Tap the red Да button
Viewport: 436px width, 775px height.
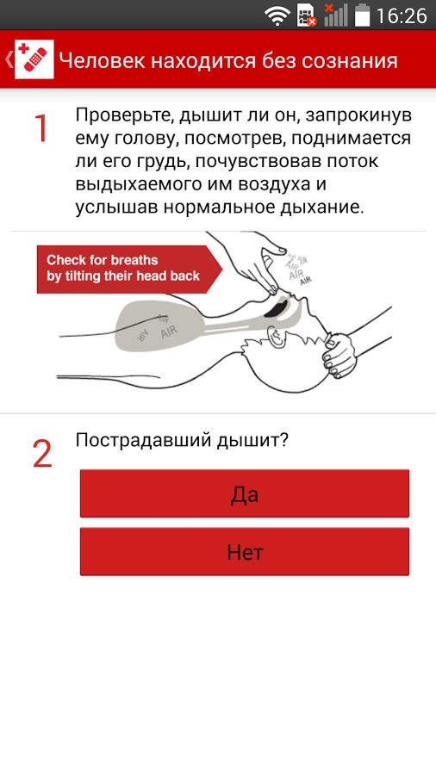245,493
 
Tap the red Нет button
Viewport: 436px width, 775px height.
245,552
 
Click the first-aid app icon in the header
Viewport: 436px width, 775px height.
34,59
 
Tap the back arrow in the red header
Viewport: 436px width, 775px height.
9,59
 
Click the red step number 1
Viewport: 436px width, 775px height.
41,128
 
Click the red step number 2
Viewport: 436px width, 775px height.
42,454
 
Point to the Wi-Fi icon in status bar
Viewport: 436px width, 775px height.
277,15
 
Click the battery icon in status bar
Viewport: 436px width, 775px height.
363,15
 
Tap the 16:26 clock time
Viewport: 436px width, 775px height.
402,15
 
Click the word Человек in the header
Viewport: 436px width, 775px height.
102,60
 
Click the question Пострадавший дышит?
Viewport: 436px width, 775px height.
182,439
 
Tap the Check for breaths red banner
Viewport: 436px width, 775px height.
129,269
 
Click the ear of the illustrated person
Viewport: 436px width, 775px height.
276,337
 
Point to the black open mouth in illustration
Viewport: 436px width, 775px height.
276,308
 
